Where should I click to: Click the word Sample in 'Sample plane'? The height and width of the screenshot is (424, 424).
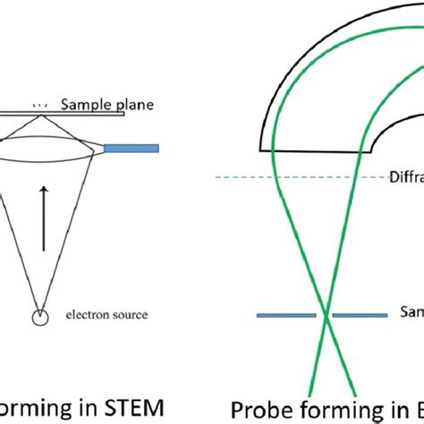coord(81,105)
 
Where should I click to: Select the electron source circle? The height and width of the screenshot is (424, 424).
coord(38,317)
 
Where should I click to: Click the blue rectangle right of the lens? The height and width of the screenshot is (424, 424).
coord(131,148)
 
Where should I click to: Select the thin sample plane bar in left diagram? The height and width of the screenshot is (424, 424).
coord(54,114)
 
